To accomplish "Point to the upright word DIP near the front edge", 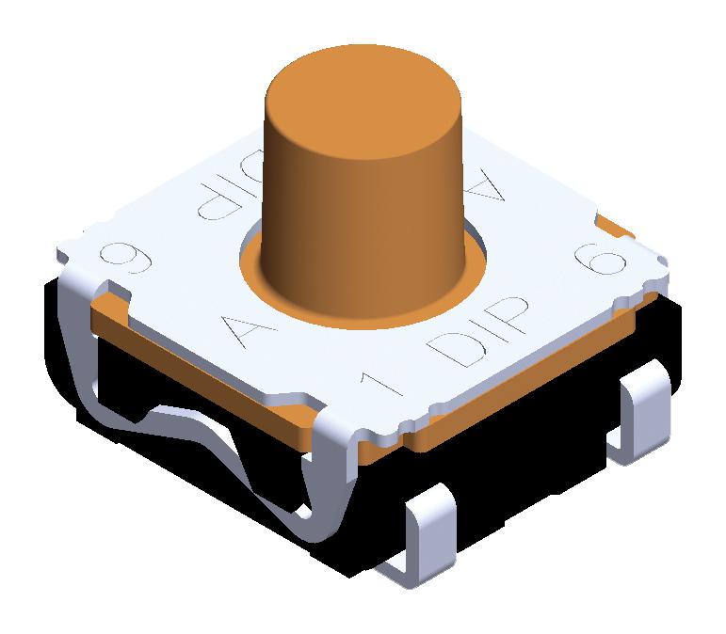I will (476, 337).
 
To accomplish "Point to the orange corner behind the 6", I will (617, 226).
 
